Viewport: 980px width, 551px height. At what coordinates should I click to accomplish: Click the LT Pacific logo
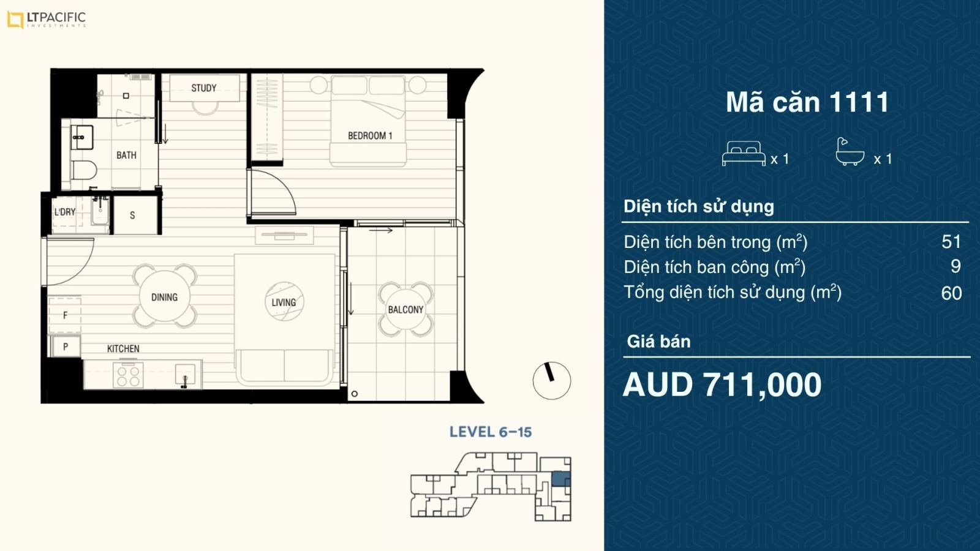tap(47, 20)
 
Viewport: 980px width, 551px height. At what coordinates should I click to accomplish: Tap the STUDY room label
tap(204, 88)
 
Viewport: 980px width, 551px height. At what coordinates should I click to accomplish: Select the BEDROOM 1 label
tap(370, 135)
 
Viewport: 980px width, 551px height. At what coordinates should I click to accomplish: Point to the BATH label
tap(126, 156)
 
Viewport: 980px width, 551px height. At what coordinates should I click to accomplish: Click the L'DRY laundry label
tap(65, 212)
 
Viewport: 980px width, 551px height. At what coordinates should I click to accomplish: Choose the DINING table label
tap(165, 298)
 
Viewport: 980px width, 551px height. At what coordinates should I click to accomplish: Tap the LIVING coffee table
tap(284, 302)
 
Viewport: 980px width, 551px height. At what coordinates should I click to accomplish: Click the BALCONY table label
tap(406, 310)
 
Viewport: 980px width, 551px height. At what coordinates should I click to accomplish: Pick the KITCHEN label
tap(123, 348)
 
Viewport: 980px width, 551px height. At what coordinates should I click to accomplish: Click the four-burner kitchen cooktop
tap(128, 375)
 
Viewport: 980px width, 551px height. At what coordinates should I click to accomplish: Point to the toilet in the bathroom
tap(83, 170)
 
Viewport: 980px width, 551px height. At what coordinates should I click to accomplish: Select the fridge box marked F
tap(65, 315)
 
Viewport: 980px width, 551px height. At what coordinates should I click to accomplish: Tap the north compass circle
tap(552, 380)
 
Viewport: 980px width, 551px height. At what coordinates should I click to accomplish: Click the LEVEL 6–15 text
tap(491, 432)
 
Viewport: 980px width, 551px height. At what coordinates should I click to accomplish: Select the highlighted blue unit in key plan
tap(561, 479)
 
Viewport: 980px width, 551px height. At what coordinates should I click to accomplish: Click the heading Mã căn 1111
tap(807, 102)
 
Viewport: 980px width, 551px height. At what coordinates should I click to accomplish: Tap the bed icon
tap(744, 154)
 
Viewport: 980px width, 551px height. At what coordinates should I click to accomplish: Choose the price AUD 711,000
tap(722, 385)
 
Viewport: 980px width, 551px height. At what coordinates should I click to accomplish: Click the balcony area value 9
tap(956, 266)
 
